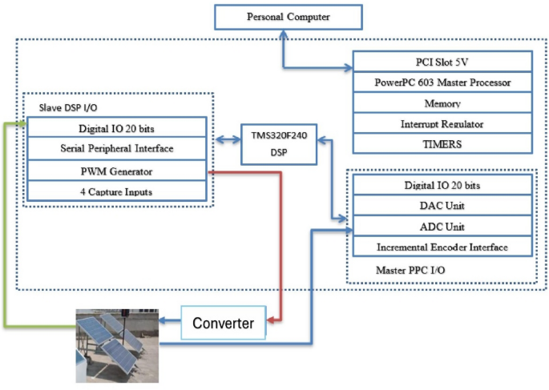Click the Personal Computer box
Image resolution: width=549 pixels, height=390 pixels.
(x=288, y=17)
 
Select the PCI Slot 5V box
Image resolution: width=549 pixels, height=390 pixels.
(x=442, y=62)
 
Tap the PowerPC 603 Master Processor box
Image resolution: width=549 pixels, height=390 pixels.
(x=442, y=82)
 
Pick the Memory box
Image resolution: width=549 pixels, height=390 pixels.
(x=442, y=103)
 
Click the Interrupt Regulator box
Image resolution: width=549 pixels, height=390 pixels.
(x=442, y=124)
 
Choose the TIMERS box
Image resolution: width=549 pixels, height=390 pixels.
(x=442, y=145)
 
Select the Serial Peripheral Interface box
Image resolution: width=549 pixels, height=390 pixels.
(x=116, y=149)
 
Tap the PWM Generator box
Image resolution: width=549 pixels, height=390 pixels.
(x=116, y=171)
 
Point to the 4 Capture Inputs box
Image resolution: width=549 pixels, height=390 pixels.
(x=116, y=191)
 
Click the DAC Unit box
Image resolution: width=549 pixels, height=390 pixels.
(x=442, y=206)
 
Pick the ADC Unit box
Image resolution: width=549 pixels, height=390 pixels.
(x=442, y=227)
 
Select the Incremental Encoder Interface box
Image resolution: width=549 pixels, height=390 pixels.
(x=442, y=247)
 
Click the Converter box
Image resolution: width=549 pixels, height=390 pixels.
(x=222, y=324)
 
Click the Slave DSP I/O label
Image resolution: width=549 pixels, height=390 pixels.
(x=66, y=107)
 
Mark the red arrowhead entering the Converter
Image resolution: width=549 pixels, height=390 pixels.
(x=269, y=323)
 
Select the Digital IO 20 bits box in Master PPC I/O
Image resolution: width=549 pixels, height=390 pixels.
(x=442, y=185)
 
